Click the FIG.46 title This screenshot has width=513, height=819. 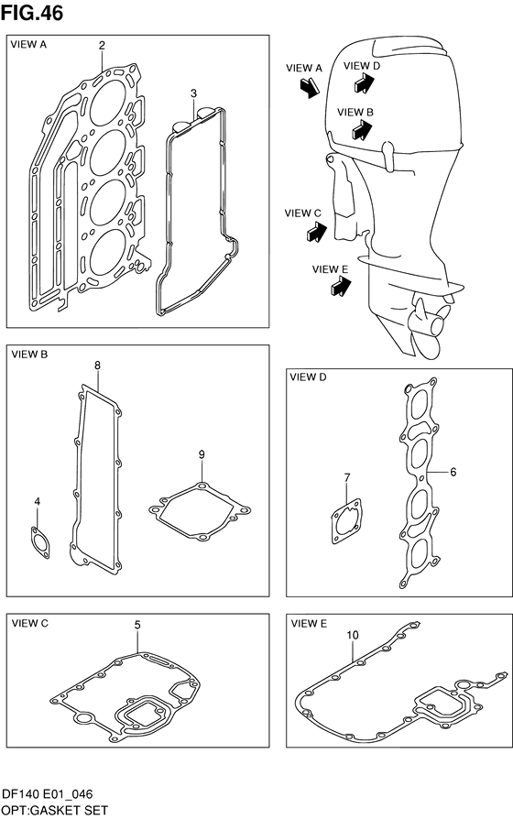(x=31, y=13)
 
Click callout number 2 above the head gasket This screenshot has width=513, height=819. (x=102, y=46)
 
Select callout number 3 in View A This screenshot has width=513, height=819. (x=193, y=93)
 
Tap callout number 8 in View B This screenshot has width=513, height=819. (x=98, y=366)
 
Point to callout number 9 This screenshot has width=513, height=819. (x=202, y=454)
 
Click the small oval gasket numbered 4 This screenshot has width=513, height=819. (x=40, y=543)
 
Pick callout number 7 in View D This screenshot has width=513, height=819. (x=347, y=477)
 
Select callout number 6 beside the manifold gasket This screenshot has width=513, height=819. (x=453, y=472)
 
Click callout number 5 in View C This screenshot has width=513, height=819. (x=137, y=625)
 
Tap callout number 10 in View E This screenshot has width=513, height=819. (x=353, y=635)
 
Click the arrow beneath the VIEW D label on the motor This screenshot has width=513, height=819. (x=365, y=82)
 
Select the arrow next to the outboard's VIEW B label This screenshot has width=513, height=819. (x=362, y=130)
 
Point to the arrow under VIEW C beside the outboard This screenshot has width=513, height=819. (x=317, y=232)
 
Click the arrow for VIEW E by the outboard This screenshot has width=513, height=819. (x=341, y=287)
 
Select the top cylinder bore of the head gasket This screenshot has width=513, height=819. (x=107, y=103)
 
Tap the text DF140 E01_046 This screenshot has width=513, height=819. (x=47, y=794)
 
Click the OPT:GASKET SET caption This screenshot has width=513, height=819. (x=55, y=811)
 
